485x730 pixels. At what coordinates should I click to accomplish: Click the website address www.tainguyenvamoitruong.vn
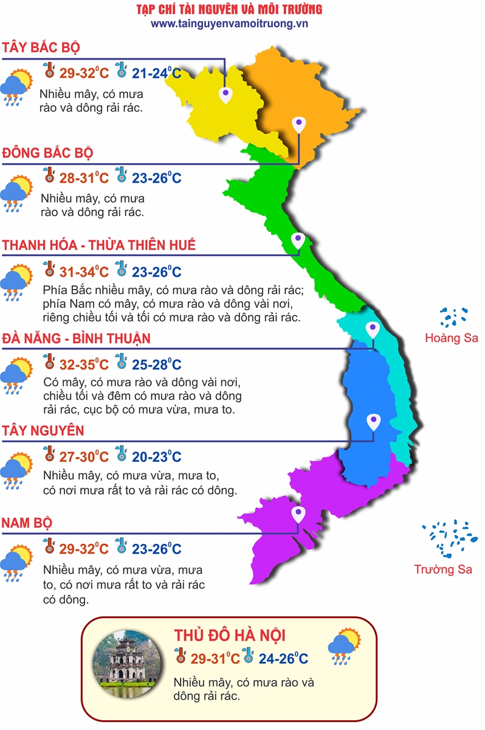pyautogui.click(x=230, y=24)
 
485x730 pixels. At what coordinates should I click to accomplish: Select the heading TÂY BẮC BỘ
pyautogui.click(x=41, y=48)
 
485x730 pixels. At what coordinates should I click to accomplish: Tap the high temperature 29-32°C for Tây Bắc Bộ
pyautogui.click(x=84, y=74)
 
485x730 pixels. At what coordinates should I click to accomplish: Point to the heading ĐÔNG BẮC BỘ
pyautogui.click(x=48, y=152)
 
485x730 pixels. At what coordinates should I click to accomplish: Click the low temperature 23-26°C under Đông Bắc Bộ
pyautogui.click(x=157, y=178)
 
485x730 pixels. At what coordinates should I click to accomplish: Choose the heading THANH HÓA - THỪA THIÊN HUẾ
pyautogui.click(x=99, y=245)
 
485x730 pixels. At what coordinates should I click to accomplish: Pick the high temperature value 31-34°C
pyautogui.click(x=84, y=272)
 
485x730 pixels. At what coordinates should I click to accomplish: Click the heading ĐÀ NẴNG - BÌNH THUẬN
pyautogui.click(x=76, y=338)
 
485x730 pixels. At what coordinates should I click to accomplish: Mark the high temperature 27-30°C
pyautogui.click(x=84, y=457)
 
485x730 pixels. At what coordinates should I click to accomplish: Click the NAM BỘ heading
pyautogui.click(x=27, y=523)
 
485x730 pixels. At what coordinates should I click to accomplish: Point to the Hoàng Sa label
pyautogui.click(x=452, y=338)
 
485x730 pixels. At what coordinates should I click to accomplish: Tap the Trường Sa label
pyautogui.click(x=443, y=569)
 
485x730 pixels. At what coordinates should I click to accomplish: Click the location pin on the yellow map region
pyautogui.click(x=225, y=93)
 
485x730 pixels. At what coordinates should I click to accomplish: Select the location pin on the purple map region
pyautogui.click(x=298, y=514)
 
